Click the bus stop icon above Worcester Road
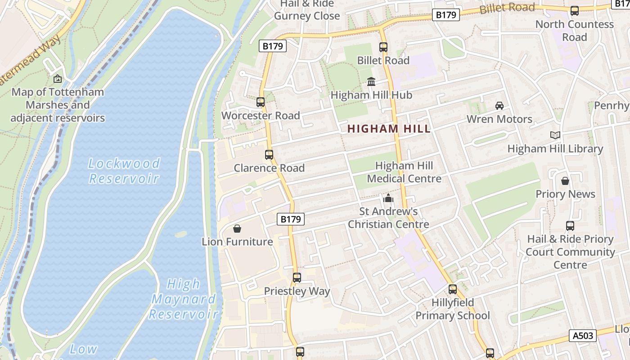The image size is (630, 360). point(261,102)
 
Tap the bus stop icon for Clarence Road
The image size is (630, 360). point(269,155)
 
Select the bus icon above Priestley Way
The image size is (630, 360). point(297,278)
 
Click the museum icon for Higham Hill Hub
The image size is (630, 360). point(371,82)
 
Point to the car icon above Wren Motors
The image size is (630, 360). point(499,106)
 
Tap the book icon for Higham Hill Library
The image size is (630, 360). point(555,135)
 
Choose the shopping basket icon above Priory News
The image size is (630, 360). point(565,181)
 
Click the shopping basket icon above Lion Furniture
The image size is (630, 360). point(237,229)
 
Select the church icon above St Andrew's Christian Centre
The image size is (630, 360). point(388,198)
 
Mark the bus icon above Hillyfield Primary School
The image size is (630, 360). point(453,289)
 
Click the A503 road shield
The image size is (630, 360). point(584,335)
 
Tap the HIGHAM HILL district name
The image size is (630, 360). point(389,129)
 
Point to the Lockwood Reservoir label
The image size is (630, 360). point(124,171)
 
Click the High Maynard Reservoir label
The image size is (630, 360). point(184,299)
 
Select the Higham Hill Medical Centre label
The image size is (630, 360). point(404,172)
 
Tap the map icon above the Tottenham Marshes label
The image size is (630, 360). point(58,79)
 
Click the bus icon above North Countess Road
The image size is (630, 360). point(575,11)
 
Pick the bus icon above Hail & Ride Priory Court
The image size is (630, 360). point(570,226)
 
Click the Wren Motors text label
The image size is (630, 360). point(499,119)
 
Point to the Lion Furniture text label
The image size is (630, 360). point(237,242)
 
